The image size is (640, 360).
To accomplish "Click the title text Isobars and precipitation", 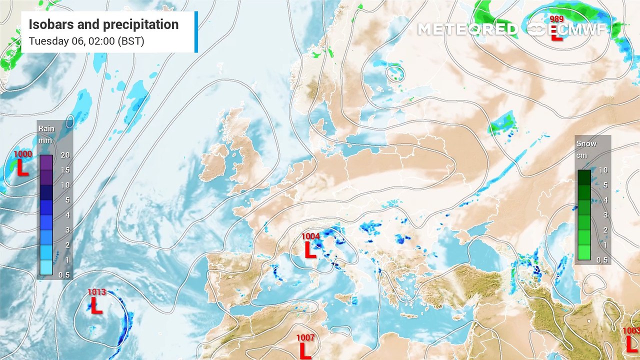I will click(103, 24).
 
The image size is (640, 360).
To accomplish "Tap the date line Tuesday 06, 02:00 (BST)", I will click(86, 41).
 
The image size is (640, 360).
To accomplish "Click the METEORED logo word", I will click(467, 29).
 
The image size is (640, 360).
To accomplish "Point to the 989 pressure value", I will click(556, 19).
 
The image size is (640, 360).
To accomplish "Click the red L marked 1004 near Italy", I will click(310, 249).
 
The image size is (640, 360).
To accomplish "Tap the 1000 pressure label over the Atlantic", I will click(22, 154).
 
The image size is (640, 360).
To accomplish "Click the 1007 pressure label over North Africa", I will click(305, 338).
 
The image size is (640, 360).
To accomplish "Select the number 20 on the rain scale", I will click(65, 155).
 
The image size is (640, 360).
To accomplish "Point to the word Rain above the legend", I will click(46, 128).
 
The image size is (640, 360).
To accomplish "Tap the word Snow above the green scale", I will click(586, 143).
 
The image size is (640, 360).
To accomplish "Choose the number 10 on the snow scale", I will click(603, 170).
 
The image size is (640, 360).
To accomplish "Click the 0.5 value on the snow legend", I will click(603, 259).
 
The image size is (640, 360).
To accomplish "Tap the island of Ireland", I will click(215, 162).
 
